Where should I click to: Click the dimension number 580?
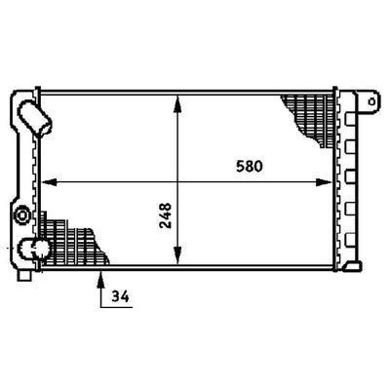(249, 167)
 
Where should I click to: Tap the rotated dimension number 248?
(166, 215)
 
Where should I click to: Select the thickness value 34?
(120, 296)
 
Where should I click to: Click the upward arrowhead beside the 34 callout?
(101, 279)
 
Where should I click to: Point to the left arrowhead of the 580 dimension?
(49, 182)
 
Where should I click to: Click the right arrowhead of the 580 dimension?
(324, 182)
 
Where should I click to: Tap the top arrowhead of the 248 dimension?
(177, 103)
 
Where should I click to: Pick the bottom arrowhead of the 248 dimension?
(177, 255)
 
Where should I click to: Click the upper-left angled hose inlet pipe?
(35, 118)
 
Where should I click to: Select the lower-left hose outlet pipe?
(34, 249)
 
